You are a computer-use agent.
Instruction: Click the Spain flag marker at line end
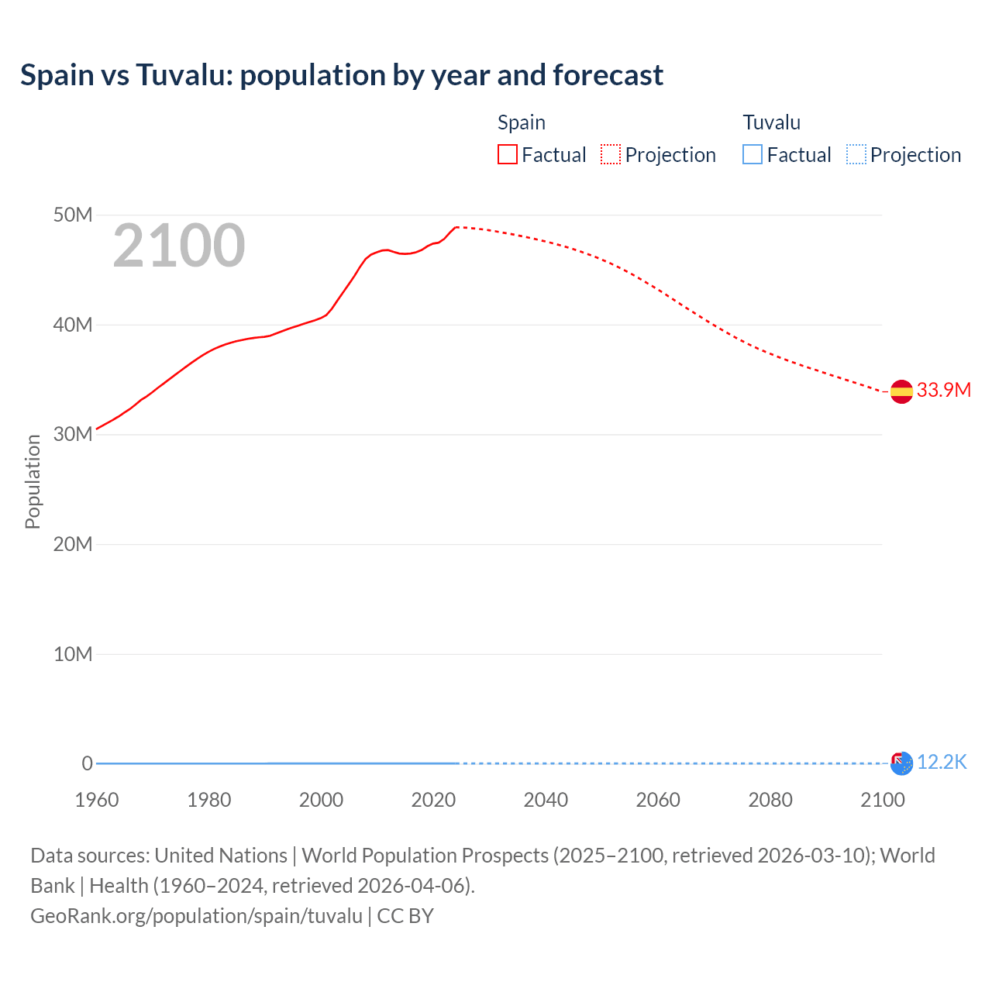901,392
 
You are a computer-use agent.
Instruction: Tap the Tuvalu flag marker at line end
901,763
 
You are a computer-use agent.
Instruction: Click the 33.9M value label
943,390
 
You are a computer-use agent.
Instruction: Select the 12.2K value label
942,762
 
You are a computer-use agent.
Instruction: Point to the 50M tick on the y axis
73,215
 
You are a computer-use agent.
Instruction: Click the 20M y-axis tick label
73,544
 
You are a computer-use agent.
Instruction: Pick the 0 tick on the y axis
87,763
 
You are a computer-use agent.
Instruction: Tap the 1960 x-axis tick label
97,800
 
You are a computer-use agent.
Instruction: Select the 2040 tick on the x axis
546,800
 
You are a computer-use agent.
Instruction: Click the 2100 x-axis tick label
882,800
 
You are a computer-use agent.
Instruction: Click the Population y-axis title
33,481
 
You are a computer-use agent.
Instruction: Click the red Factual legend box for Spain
508,154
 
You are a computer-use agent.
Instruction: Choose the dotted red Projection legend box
611,154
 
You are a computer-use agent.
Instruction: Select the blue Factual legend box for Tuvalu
753,154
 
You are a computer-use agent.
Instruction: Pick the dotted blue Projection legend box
856,154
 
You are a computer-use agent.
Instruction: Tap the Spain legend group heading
521,122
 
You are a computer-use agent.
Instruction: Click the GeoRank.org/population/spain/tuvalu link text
196,915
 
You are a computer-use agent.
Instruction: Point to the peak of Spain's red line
457,227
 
